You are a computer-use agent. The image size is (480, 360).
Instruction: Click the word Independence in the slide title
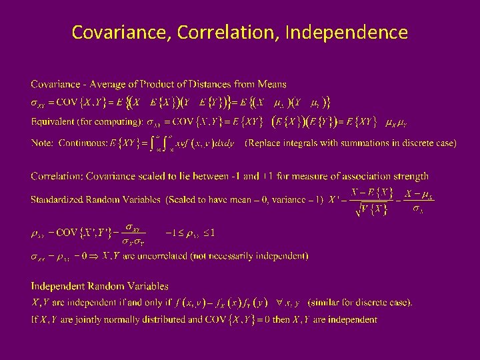(x=346, y=31)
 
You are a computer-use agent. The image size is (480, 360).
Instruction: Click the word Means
(x=270, y=84)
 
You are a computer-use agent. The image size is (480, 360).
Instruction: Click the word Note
(x=42, y=143)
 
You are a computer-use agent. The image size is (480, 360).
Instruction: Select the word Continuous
(x=83, y=143)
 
